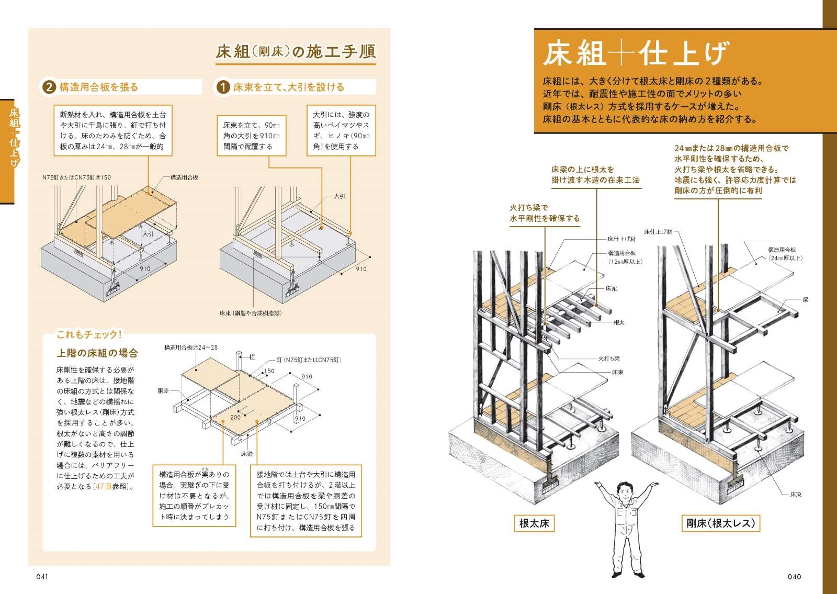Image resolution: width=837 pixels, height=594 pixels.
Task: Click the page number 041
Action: (x=42, y=577)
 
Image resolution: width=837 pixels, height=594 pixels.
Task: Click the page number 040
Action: (x=794, y=577)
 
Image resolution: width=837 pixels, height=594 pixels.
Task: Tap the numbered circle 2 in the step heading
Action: (x=48, y=87)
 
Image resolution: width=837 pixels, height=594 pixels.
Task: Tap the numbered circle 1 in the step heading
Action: (x=222, y=87)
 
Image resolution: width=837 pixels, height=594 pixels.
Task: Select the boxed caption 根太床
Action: (x=534, y=523)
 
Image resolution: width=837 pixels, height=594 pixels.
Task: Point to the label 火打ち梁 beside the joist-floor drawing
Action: (x=609, y=359)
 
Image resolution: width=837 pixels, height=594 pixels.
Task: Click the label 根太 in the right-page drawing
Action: (x=618, y=323)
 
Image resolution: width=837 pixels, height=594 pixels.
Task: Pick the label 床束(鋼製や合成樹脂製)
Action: (x=251, y=313)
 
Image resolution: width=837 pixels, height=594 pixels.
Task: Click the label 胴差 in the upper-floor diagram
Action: (x=164, y=391)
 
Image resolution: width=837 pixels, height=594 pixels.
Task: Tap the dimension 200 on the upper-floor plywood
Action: (x=235, y=417)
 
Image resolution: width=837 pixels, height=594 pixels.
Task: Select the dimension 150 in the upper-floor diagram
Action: (x=269, y=371)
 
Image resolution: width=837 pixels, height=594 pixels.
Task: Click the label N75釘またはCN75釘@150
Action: (x=77, y=177)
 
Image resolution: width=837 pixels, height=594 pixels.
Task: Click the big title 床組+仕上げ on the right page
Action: (x=635, y=53)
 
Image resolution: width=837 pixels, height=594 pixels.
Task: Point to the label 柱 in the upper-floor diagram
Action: (x=252, y=357)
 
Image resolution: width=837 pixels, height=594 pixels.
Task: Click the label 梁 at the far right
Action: (x=806, y=300)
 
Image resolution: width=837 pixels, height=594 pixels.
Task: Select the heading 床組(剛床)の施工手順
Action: (x=296, y=52)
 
